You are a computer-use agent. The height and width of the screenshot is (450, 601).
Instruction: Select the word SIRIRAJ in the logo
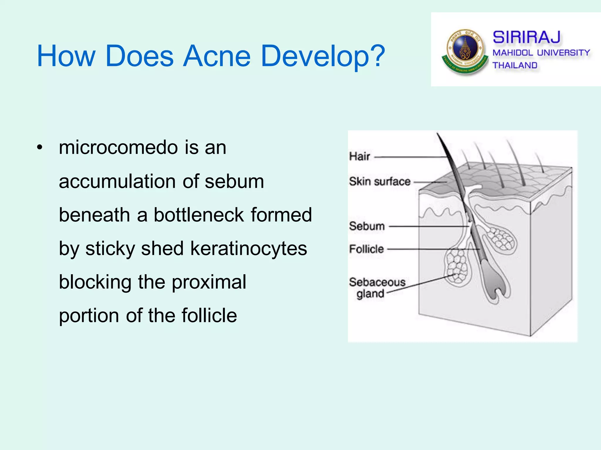tap(526, 37)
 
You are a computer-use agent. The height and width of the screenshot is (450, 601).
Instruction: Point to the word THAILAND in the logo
tap(515, 65)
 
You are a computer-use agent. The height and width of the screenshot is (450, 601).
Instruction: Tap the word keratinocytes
tap(249, 248)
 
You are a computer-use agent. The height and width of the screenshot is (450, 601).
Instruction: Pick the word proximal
tap(209, 282)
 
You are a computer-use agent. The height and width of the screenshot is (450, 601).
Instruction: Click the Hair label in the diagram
tap(359, 156)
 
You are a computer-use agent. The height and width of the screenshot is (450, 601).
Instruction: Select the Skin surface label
tap(379, 182)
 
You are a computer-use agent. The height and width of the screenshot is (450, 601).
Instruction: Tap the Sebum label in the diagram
tap(367, 226)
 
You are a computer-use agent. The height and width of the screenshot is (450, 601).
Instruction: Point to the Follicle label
tap(366, 249)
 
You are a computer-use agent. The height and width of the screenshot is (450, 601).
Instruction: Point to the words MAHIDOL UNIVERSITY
tap(541, 53)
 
